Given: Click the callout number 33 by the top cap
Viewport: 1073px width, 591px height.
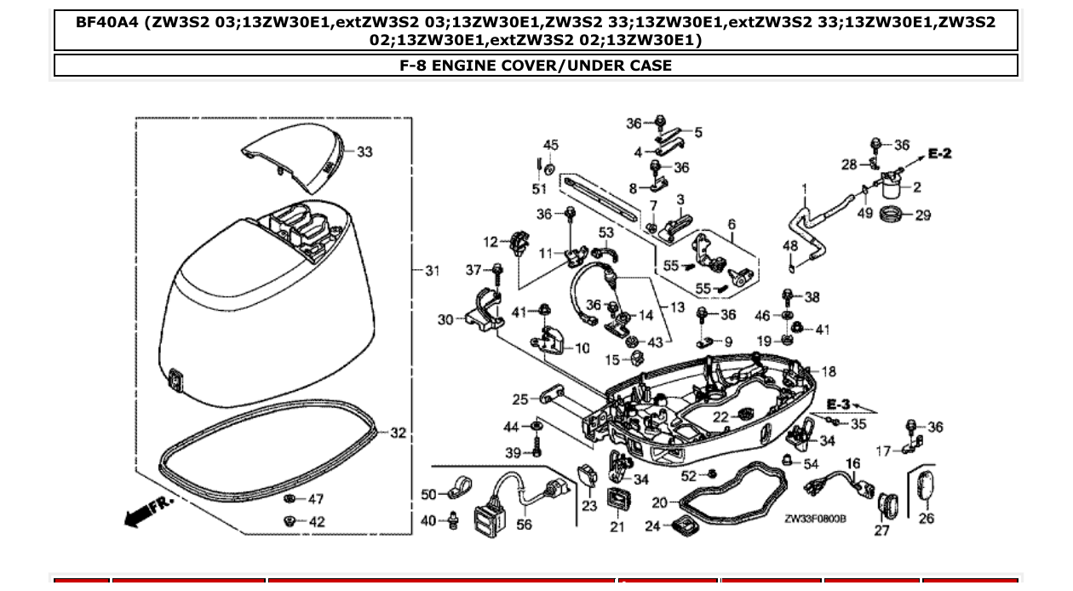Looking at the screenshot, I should coord(364,152).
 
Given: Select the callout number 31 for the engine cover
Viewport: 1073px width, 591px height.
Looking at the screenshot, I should coord(432,271).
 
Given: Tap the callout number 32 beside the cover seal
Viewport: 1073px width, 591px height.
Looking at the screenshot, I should coord(398,433).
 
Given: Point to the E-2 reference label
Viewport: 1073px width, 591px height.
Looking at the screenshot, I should coord(939,153).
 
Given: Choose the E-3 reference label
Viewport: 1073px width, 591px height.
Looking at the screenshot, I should coord(839,404).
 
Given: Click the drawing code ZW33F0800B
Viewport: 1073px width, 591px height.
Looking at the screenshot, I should coord(815,518).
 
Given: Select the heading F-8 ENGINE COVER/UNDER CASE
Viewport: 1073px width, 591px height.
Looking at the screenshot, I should coord(536,66).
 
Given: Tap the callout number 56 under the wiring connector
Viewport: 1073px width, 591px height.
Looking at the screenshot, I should coord(524,525).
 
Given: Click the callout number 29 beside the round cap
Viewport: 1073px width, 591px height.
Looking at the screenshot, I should coord(922,215).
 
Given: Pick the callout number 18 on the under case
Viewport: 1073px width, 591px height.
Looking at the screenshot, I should coord(829,371).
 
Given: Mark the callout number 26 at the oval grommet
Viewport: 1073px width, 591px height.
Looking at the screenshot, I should coord(927,519).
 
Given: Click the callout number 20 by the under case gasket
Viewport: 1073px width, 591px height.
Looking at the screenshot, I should coord(659,503).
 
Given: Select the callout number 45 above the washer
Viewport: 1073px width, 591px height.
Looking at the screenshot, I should coord(551,145).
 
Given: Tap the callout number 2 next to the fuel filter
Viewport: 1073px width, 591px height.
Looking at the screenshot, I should coord(917,186).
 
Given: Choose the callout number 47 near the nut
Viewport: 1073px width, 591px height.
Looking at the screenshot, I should coord(316,499).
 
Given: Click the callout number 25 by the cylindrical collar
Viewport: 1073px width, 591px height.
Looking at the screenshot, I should coord(520,399).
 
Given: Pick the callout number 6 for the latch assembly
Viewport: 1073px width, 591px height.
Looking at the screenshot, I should coord(732,225).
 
